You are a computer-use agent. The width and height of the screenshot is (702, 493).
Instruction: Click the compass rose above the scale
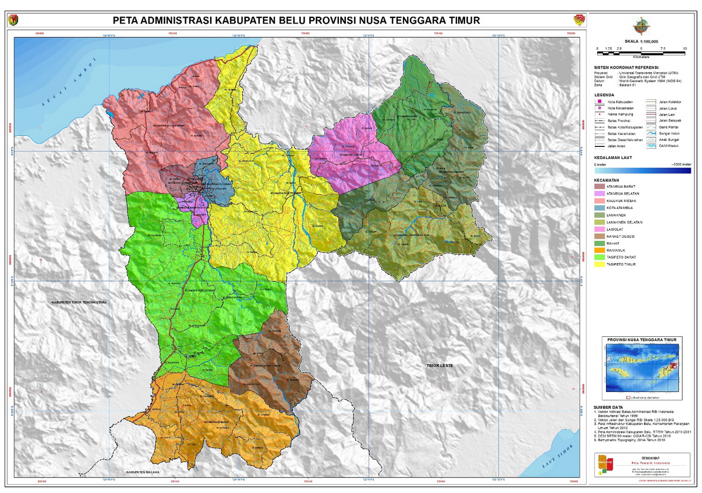641,26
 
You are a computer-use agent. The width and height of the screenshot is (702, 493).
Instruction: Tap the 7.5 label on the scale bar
663,49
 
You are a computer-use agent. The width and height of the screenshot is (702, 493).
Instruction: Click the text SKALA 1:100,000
641,42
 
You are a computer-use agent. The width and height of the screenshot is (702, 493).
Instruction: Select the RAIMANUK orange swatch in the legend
599,250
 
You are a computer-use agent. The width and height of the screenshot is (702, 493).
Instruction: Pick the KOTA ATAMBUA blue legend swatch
599,208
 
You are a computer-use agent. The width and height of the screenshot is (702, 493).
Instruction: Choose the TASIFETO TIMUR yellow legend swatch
599,264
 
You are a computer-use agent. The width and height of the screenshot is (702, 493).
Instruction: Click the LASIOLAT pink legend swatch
599,229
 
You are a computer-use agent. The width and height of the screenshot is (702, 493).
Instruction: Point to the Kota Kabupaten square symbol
600,101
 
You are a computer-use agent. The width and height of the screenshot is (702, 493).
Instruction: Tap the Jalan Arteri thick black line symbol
600,146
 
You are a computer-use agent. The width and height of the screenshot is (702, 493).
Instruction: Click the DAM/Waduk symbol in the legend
651,146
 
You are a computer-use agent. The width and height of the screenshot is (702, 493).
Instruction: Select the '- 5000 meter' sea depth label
681,165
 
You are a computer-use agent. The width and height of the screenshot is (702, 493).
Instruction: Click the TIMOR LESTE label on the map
439,366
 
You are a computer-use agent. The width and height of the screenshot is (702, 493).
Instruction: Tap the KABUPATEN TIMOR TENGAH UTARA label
79,303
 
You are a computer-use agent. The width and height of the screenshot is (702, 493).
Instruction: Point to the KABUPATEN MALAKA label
142,472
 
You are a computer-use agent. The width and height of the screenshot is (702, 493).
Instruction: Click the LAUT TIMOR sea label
557,457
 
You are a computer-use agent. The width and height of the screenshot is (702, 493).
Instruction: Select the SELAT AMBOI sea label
68,82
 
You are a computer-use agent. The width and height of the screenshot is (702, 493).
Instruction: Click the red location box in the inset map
673,366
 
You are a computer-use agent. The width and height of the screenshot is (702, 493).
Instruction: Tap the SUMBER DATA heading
608,407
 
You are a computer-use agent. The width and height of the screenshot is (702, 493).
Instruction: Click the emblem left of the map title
13,20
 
